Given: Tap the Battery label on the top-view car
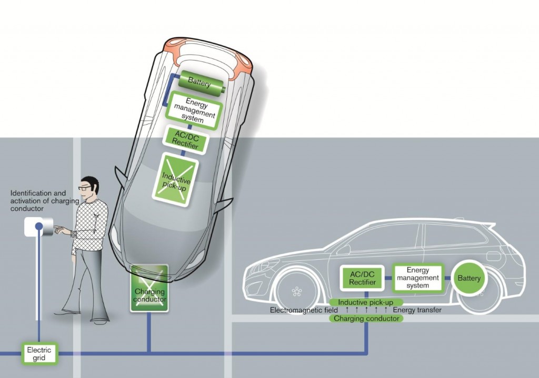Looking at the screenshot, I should [199, 83].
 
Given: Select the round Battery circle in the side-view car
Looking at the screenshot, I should [468, 278].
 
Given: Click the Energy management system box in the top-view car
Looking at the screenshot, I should [194, 110].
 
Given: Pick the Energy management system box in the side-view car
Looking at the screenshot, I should [417, 278].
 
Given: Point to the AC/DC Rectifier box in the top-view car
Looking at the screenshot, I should [184, 140].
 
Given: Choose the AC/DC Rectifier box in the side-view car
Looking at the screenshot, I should [362, 278].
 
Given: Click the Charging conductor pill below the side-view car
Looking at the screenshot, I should [366, 318].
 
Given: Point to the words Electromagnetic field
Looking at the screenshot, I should [304, 310].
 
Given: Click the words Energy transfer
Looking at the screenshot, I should [417, 310].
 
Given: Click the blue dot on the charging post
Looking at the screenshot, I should [39, 227].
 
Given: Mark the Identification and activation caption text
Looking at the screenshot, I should [38, 201].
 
